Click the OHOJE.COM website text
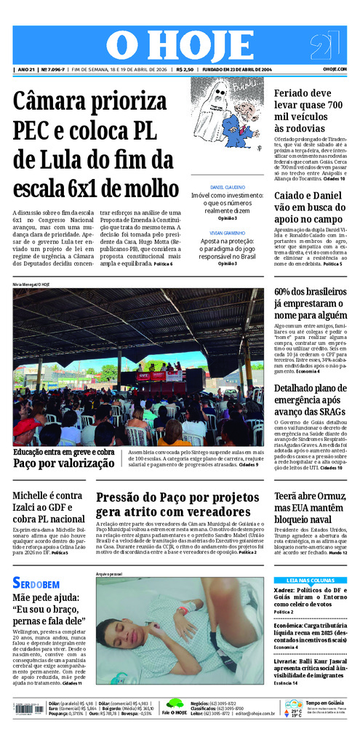pos(335,70)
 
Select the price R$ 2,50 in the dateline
pos(185,70)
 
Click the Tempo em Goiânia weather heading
pos(324,703)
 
